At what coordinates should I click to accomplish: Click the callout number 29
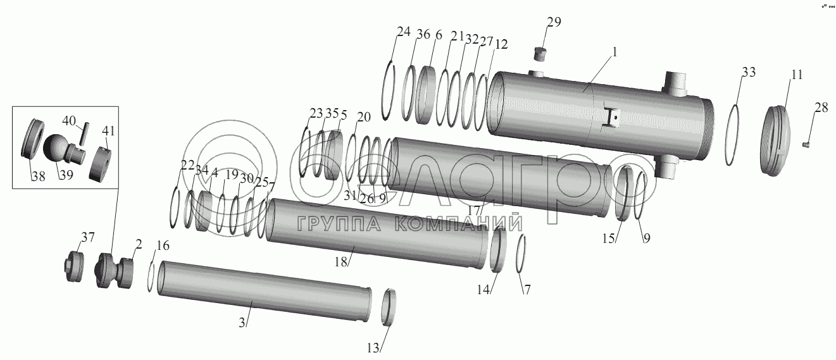tap(554, 22)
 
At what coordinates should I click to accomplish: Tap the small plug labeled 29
tap(540, 54)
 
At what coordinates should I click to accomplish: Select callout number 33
tap(748, 72)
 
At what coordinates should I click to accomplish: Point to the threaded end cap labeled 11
tap(776, 140)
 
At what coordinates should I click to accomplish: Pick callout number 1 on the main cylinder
tap(615, 52)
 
